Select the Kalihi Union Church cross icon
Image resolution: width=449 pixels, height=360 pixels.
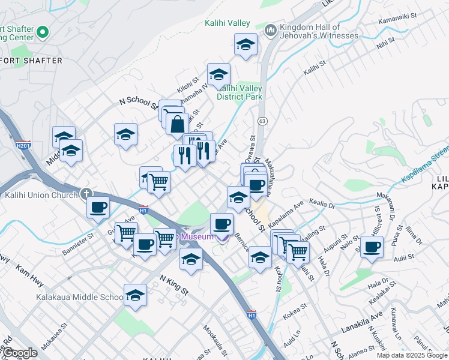click(x=86, y=194)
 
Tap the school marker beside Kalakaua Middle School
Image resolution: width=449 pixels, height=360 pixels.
click(x=136, y=295)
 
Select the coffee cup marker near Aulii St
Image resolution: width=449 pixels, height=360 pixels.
click(x=372, y=246)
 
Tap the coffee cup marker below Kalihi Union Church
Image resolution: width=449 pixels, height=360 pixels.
click(x=98, y=208)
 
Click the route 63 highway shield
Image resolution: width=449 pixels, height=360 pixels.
click(x=262, y=121)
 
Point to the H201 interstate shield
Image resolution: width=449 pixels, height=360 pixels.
click(x=22, y=145)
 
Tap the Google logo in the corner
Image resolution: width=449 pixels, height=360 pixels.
click(x=20, y=353)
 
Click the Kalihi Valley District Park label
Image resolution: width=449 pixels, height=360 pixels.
click(x=240, y=92)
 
